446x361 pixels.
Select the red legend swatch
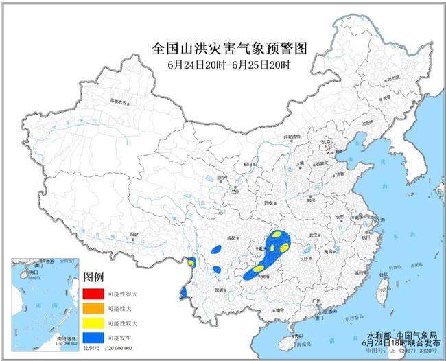pyautogui.click(x=93, y=294)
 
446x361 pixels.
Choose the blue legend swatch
pyautogui.click(x=93, y=337)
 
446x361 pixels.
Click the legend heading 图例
pyautogui.click(x=93, y=278)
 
